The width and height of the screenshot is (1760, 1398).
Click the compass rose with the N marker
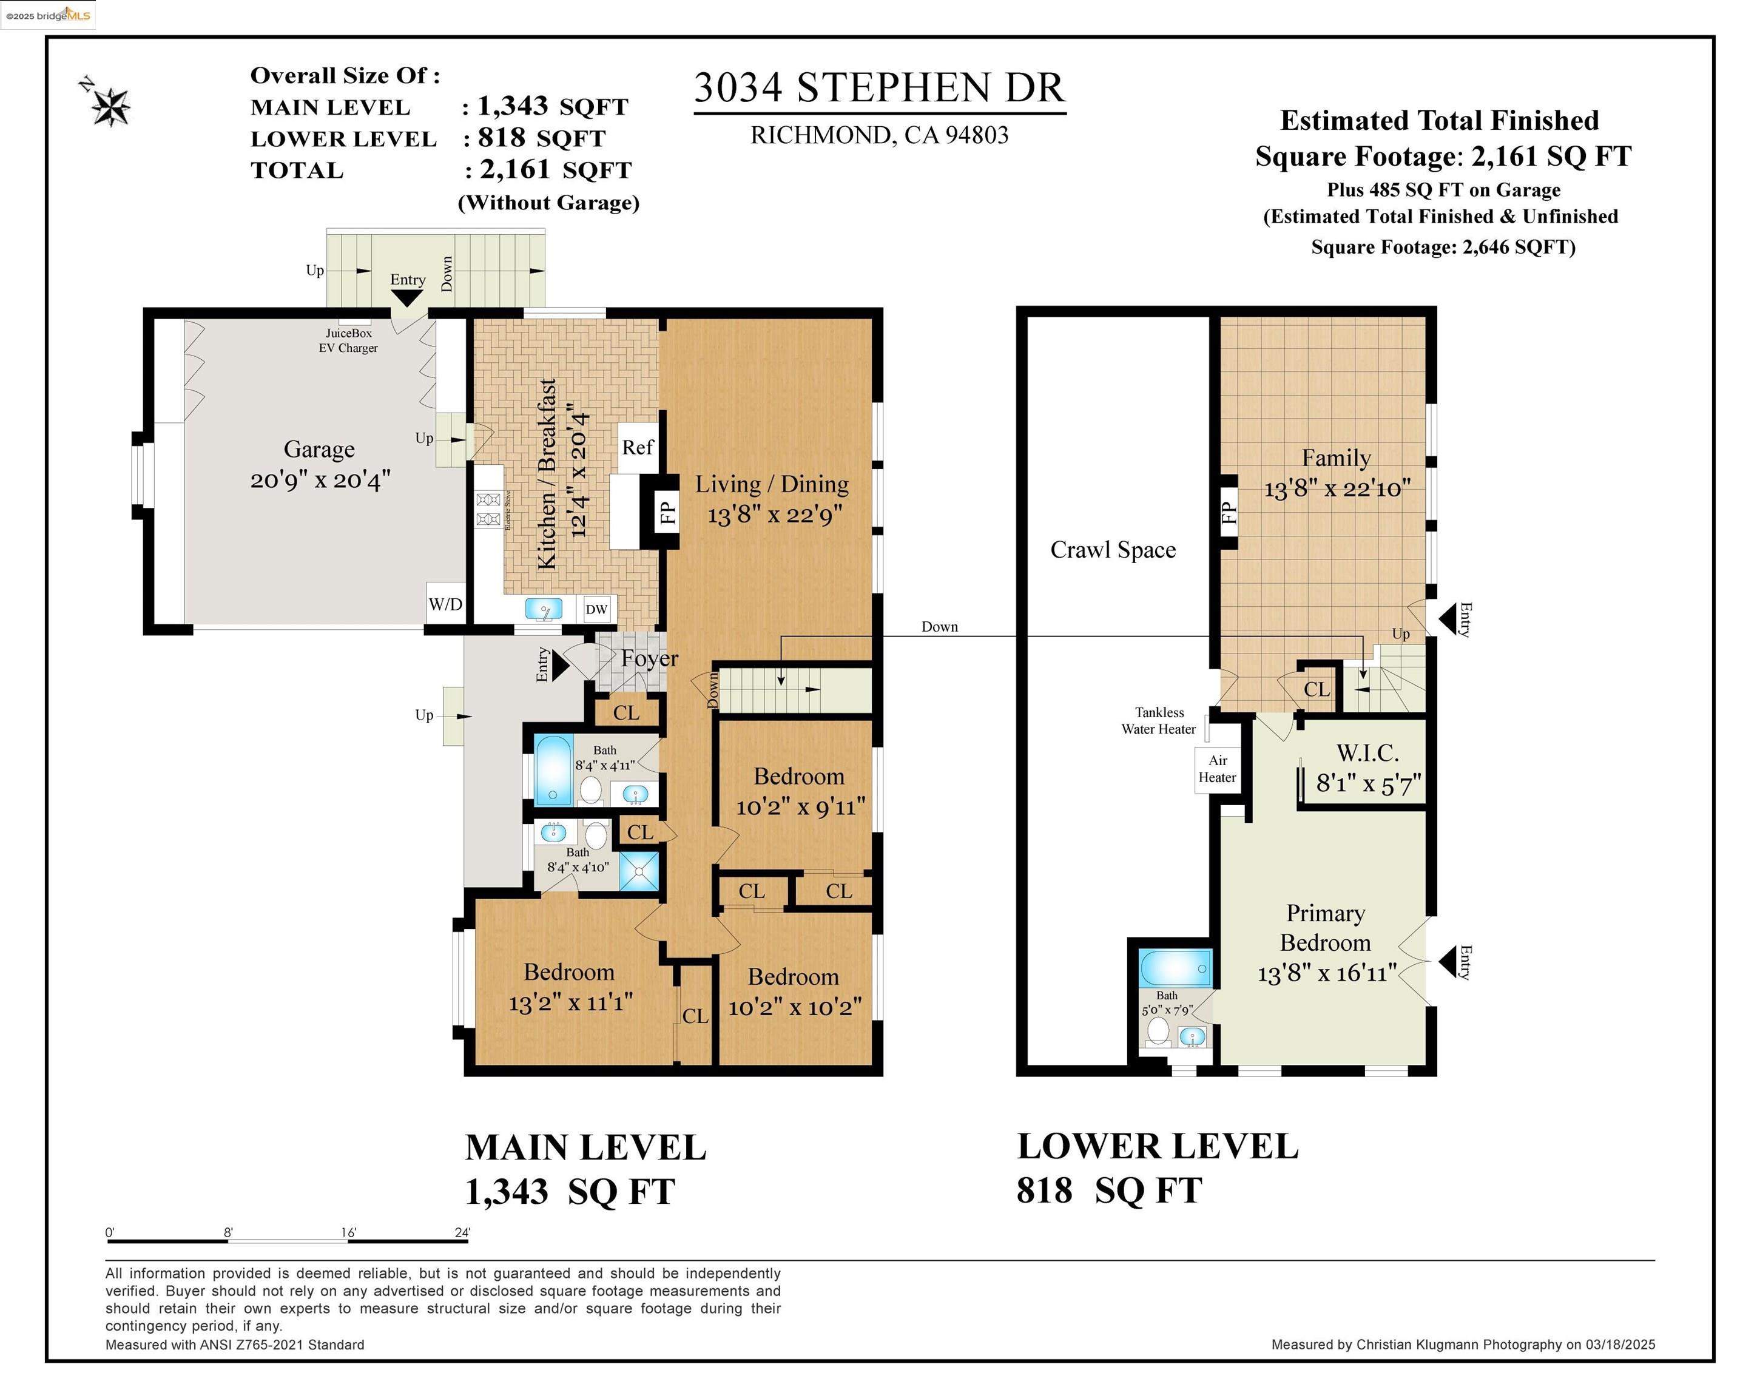point(108,104)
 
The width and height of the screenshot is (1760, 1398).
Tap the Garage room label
point(319,449)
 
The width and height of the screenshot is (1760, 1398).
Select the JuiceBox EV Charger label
point(349,340)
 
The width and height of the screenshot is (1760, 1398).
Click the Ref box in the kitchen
point(638,447)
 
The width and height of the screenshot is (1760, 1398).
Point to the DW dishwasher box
point(597,609)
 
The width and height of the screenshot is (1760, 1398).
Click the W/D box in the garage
point(446,604)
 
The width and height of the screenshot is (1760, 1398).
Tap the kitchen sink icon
point(544,609)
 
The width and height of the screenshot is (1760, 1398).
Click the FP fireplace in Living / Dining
point(667,513)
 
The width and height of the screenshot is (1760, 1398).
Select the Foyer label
point(649,658)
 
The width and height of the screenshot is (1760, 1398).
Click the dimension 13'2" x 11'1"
point(571,1003)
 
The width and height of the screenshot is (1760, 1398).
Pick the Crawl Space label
point(1113,550)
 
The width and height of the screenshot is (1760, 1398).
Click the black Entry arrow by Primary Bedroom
point(1448,962)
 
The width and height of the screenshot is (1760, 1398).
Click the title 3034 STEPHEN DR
point(879,88)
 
